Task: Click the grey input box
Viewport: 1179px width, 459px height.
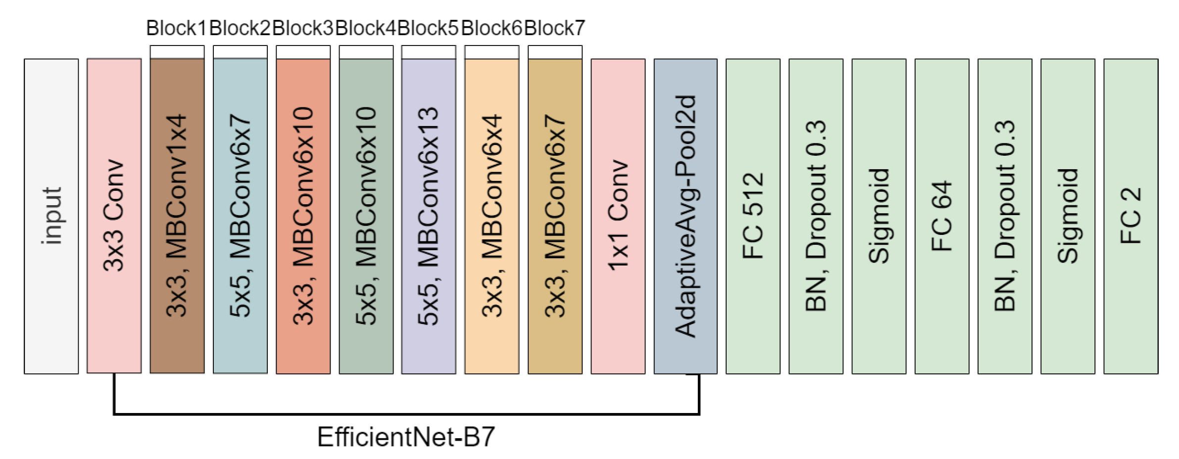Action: [x=51, y=216]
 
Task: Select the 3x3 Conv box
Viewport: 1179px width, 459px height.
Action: [x=114, y=216]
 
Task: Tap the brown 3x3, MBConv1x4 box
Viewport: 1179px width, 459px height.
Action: [x=177, y=216]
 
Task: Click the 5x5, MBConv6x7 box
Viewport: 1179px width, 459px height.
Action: [x=240, y=216]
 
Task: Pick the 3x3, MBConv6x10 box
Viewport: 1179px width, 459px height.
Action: [x=303, y=216]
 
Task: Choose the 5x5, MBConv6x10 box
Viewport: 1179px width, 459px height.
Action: [x=366, y=216]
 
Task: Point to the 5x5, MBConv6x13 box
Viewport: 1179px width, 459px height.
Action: [x=429, y=216]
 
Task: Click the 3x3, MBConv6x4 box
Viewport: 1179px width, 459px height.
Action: [x=491, y=216]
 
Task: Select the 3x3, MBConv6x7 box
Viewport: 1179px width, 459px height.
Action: [x=555, y=216]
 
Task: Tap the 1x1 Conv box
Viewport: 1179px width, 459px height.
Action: [x=618, y=216]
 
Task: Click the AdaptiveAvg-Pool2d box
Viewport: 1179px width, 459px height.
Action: [x=686, y=216]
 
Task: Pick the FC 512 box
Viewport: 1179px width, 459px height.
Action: [x=753, y=216]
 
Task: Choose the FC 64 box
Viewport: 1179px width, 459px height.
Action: [x=942, y=216]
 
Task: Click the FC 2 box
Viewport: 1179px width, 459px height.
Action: [x=1131, y=216]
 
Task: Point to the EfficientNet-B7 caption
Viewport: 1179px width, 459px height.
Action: [x=406, y=437]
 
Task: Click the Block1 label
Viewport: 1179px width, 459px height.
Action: [x=176, y=28]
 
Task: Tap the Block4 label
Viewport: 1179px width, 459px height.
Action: [x=366, y=28]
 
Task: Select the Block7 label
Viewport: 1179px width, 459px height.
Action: [x=555, y=28]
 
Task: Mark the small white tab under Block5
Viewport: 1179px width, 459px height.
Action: [x=429, y=52]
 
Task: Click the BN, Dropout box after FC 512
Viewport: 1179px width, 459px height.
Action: [x=816, y=216]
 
